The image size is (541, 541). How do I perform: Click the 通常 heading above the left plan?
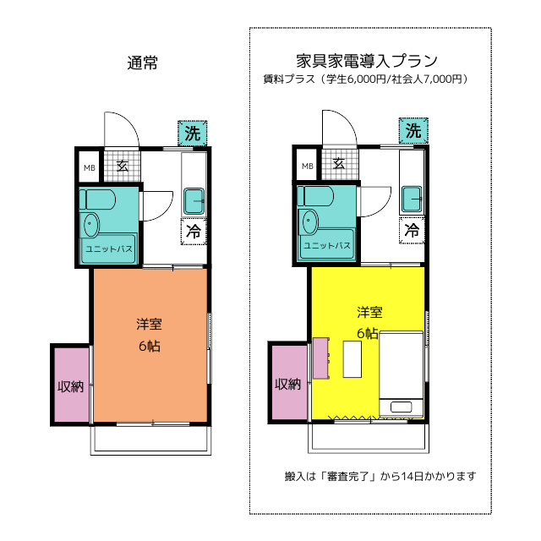(x=143, y=63)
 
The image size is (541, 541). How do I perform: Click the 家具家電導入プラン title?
(x=367, y=61)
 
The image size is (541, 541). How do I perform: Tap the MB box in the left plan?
(x=90, y=167)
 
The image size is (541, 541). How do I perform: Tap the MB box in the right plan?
(x=307, y=166)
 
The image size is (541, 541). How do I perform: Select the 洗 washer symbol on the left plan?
(x=193, y=134)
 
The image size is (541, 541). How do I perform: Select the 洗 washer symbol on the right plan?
(x=413, y=131)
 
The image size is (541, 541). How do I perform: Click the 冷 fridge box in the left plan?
(x=194, y=231)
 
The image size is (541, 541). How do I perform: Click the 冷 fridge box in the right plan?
(x=412, y=230)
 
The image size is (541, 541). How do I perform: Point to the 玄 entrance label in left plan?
(x=123, y=166)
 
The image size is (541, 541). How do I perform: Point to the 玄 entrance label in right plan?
(x=339, y=163)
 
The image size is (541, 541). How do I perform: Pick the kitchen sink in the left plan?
(x=194, y=201)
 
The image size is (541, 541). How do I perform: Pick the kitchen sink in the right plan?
(x=412, y=199)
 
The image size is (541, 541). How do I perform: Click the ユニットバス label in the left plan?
(x=109, y=249)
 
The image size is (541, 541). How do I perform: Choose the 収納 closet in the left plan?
(x=71, y=385)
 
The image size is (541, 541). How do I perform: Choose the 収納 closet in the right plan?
(x=288, y=382)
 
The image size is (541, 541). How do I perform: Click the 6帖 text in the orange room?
(x=150, y=346)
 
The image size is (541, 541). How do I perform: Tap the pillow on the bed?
(x=401, y=407)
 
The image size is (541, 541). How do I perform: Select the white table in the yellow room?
(x=352, y=359)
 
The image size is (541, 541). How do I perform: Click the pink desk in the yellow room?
(x=321, y=358)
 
